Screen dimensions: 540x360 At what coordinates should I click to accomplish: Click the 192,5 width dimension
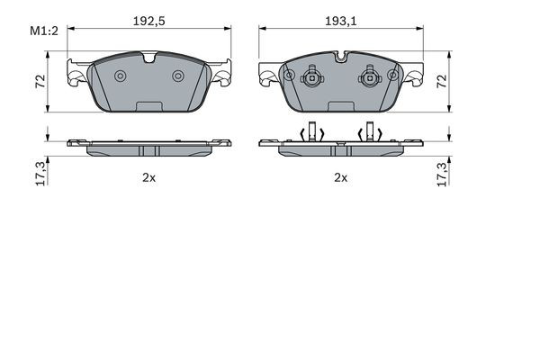(149, 22)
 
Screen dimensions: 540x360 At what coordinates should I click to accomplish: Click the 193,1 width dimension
(341, 22)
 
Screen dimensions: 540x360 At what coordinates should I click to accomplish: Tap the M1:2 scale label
(44, 31)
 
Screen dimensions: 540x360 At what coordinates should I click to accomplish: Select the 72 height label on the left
(40, 81)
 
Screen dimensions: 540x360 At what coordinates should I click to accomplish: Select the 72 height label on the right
(442, 81)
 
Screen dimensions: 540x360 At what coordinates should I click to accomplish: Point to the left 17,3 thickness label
(40, 174)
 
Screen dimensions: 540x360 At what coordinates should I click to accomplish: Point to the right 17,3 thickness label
(442, 174)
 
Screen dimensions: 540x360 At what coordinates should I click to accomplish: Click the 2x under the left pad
(149, 178)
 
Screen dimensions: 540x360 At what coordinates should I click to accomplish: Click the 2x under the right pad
(341, 178)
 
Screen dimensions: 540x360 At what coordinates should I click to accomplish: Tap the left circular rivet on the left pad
(121, 76)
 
